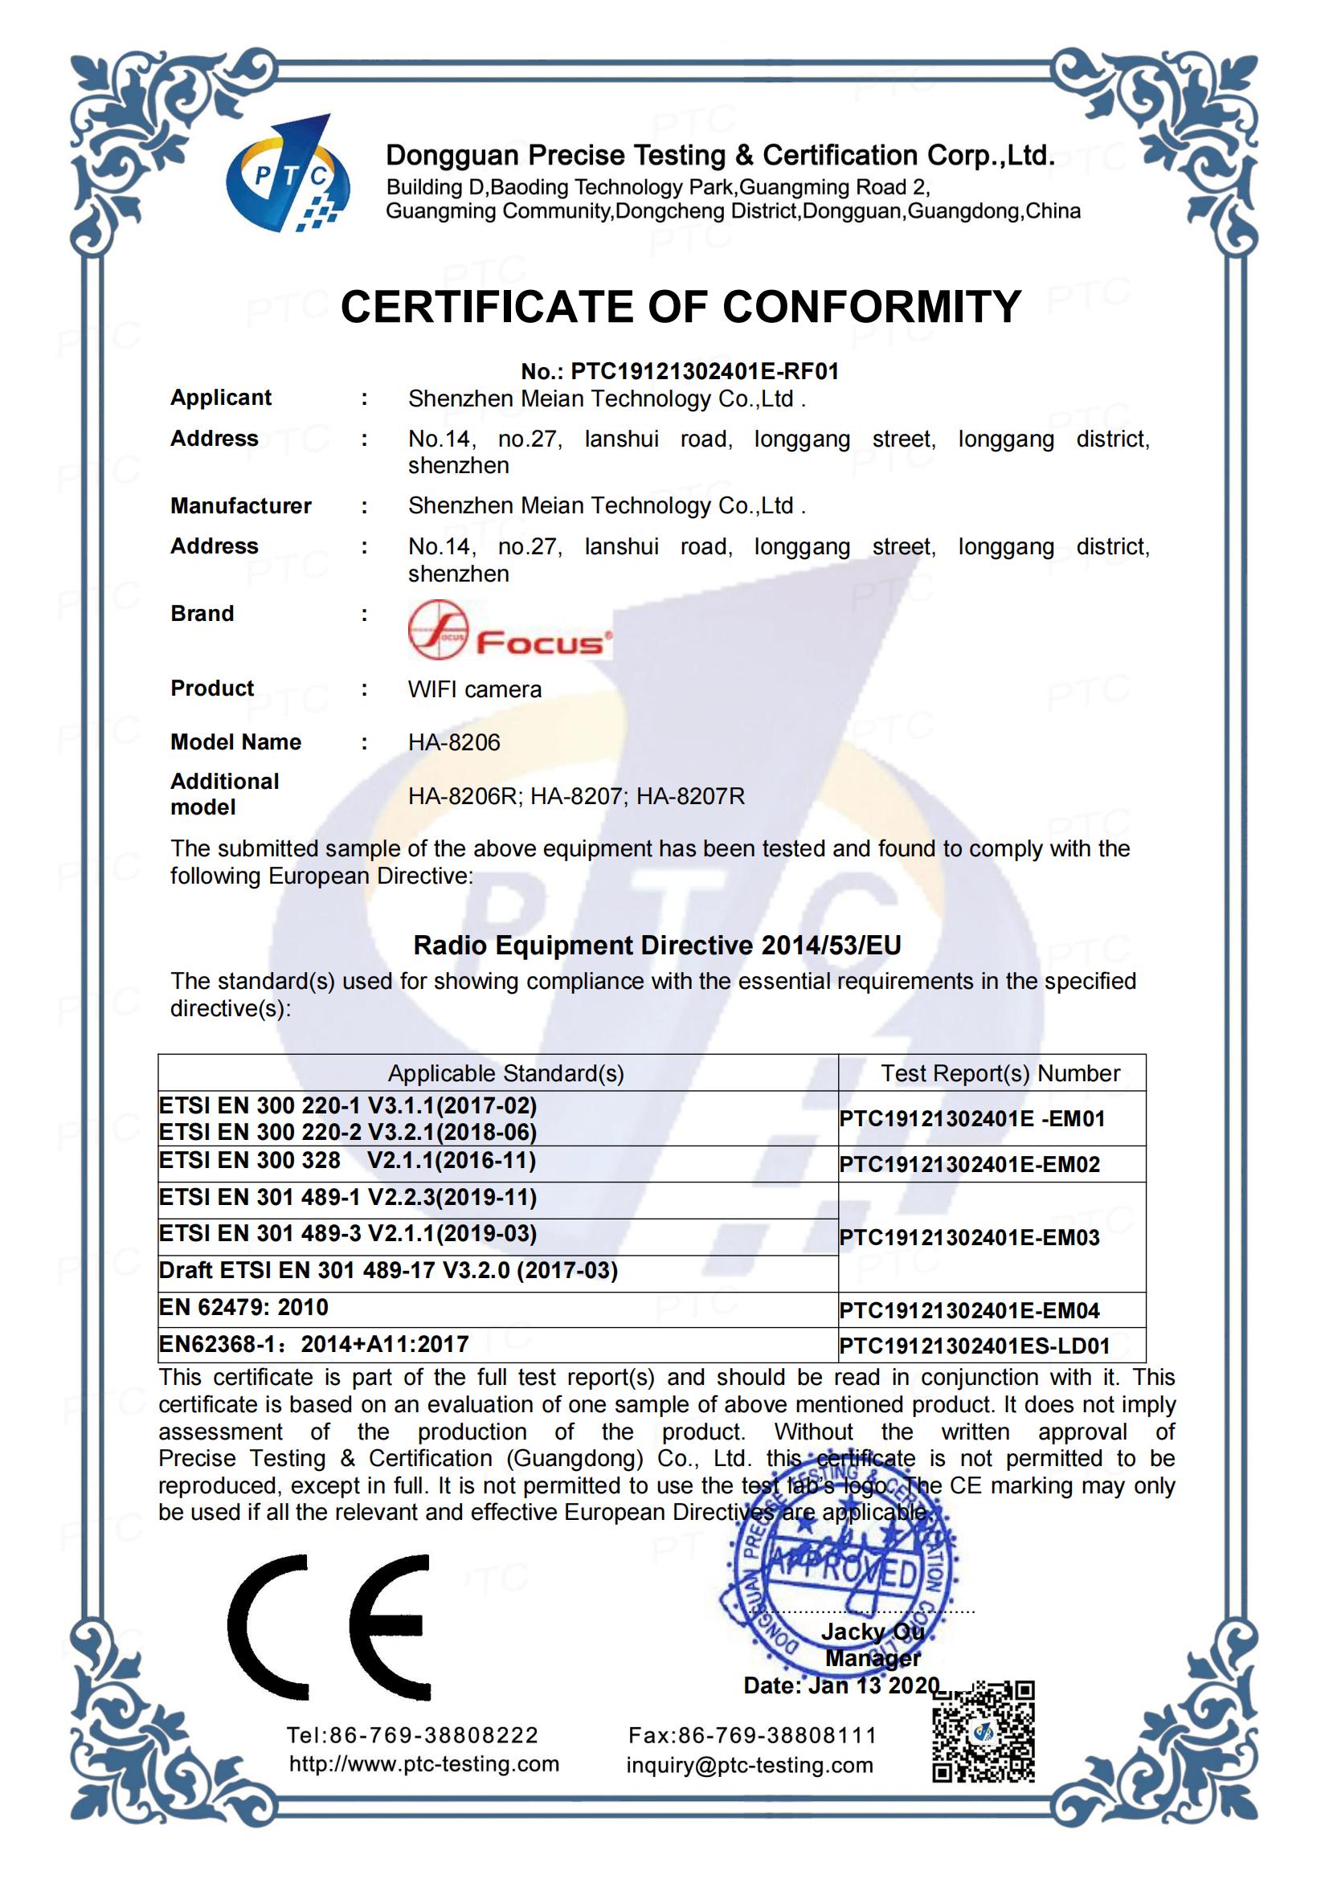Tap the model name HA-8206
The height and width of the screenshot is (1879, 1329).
454,742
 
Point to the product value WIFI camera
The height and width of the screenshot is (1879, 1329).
475,689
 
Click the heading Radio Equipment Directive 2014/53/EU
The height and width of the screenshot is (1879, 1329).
657,946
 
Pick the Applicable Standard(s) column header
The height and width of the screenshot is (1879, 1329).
505,1073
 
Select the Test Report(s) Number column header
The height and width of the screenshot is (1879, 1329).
1000,1073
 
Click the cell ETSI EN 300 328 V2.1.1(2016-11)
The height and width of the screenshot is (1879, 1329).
348,1161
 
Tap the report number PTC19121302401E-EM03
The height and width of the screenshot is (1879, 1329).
970,1236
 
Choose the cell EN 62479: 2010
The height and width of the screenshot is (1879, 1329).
244,1307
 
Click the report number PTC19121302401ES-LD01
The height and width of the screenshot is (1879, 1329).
975,1346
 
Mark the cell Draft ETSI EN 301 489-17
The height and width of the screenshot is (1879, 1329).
389,1270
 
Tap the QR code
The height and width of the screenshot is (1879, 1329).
983,1731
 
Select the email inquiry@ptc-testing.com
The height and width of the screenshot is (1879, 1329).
750,1765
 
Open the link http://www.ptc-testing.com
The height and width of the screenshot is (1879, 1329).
424,1763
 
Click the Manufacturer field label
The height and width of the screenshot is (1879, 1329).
240,506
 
